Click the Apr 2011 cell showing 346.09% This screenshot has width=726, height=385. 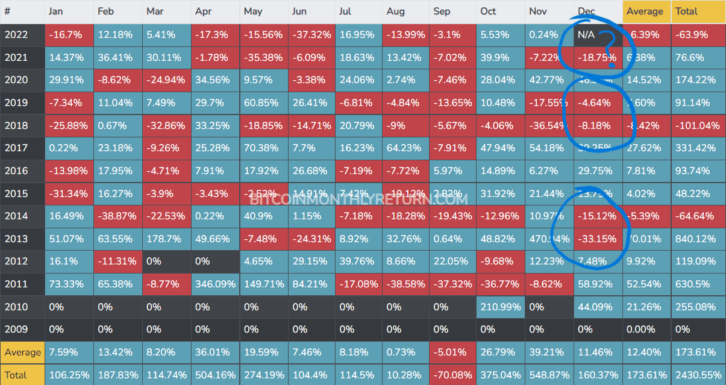(215, 284)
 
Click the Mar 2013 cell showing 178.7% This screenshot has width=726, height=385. (166, 239)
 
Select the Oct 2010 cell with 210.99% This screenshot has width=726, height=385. (501, 307)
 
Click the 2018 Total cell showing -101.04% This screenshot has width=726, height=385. (698, 125)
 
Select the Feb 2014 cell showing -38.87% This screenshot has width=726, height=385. (117, 216)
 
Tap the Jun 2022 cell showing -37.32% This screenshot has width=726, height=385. (311, 35)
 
